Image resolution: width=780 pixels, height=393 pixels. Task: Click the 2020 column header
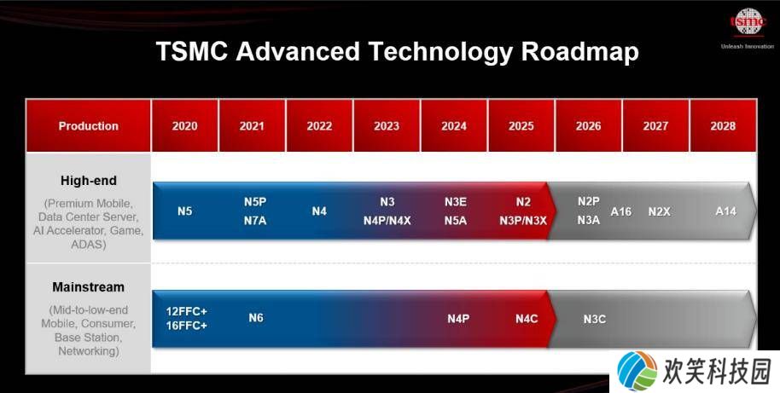point(184,125)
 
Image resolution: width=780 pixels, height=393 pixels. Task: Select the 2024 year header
point(454,125)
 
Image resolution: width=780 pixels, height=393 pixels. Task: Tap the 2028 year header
point(723,125)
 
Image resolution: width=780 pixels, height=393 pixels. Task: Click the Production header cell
point(88,125)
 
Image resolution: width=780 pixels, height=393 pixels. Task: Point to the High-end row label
point(89,181)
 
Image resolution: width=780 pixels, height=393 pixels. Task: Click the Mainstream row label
point(88,287)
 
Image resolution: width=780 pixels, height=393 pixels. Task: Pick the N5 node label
point(184,211)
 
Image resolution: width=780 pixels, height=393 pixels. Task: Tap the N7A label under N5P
point(255,221)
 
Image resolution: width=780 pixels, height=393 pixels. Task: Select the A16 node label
point(620,211)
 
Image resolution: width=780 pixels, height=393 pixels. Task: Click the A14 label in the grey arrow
point(725,211)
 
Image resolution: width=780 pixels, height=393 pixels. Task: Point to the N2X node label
point(659,212)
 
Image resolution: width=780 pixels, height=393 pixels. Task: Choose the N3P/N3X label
point(523,221)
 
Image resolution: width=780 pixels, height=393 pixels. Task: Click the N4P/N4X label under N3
point(387,221)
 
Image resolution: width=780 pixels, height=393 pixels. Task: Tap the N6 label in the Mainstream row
point(256,317)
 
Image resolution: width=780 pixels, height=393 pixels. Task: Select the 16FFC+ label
point(187,326)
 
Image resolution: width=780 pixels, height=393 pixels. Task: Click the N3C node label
point(595,319)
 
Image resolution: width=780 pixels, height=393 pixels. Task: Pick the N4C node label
point(527,319)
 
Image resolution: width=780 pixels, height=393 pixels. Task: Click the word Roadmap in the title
point(580,52)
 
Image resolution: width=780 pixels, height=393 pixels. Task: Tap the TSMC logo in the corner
point(748,22)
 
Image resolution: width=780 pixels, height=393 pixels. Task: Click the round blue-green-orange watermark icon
point(637,371)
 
